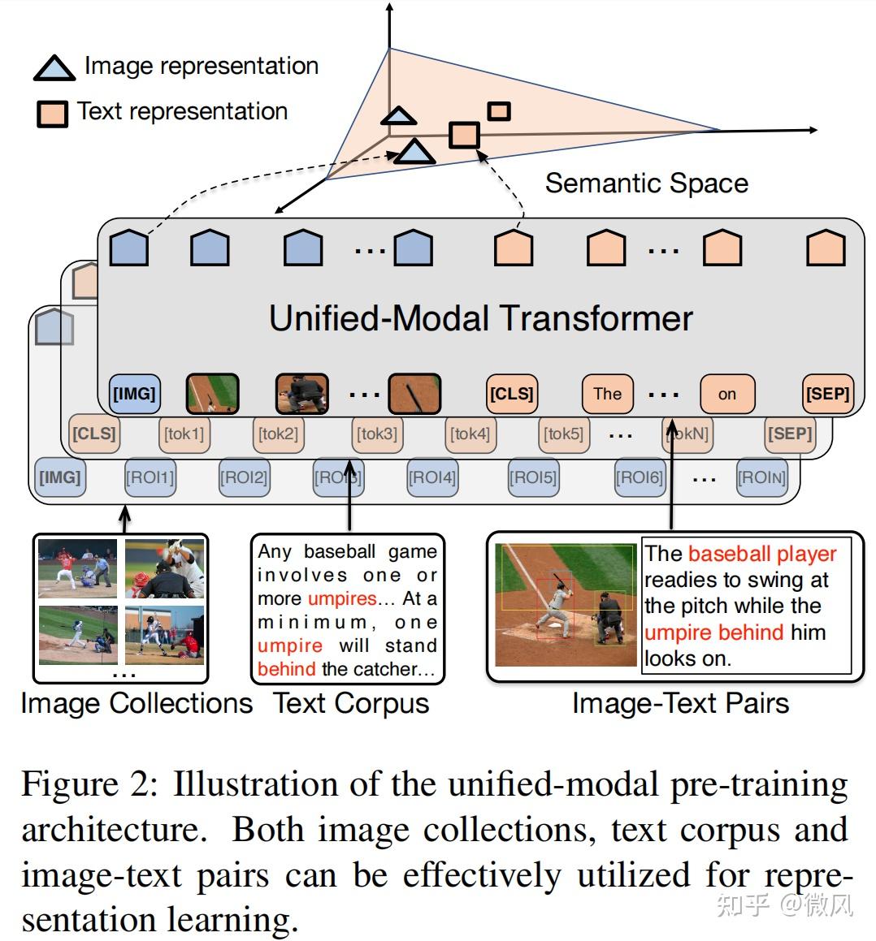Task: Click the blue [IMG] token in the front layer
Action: click(134, 394)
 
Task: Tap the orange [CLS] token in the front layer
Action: click(511, 394)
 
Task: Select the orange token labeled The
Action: click(607, 394)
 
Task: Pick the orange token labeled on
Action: click(726, 394)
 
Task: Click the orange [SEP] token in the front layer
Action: click(827, 394)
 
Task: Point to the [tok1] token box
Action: click(184, 434)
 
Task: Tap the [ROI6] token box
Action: click(640, 477)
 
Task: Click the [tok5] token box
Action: click(564, 434)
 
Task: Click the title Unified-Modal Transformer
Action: click(480, 318)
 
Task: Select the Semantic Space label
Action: click(646, 183)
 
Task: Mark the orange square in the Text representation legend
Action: click(52, 114)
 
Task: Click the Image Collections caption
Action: click(137, 703)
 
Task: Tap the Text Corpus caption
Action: click(351, 703)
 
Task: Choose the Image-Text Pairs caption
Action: click(680, 703)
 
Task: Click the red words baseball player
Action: click(761, 554)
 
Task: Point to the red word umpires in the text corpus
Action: click(342, 599)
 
